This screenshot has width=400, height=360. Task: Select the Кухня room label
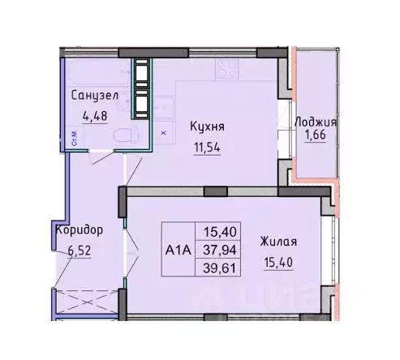point(207,126)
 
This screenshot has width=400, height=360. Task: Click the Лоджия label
point(316,122)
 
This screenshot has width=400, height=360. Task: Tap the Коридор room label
point(79,229)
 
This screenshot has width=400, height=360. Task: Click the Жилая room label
point(278,241)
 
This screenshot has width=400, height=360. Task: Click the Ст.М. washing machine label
point(74,137)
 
